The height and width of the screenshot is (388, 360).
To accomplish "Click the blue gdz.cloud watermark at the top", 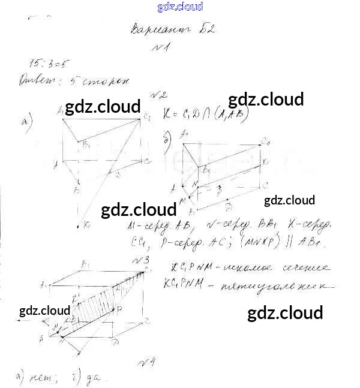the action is click(180, 7).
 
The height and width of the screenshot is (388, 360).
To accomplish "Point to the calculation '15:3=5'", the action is click(49, 64).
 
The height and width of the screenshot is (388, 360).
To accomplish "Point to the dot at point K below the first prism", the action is click(79, 226).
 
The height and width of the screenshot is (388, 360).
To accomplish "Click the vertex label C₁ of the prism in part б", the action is click(265, 142).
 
